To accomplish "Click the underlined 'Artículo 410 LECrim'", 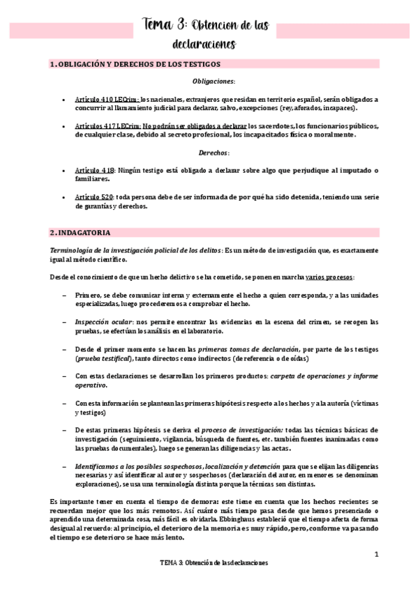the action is click(x=107, y=99).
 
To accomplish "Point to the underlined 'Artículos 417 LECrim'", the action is click(x=108, y=125).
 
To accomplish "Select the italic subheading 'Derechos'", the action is click(x=213, y=152).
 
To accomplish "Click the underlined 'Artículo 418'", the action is click(x=94, y=170).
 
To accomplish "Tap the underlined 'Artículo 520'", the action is click(x=94, y=197).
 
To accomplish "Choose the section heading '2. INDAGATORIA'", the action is click(x=80, y=232).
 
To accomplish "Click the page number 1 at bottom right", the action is click(x=376, y=555).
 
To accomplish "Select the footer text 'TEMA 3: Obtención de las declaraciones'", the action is click(x=213, y=562).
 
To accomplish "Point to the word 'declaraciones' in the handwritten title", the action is click(x=203, y=45).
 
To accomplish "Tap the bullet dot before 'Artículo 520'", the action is click(x=64, y=197).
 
